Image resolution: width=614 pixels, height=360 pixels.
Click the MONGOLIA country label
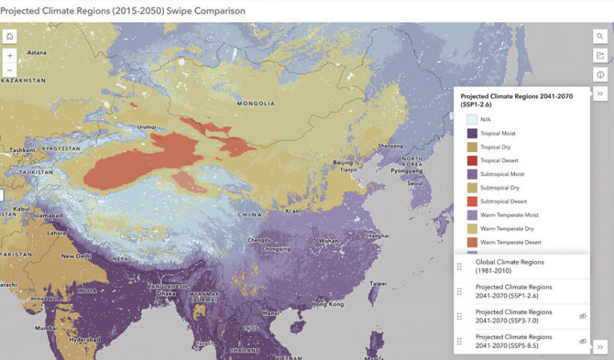[x=256, y=103]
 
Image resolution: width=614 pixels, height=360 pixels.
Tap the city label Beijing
[x=342, y=162]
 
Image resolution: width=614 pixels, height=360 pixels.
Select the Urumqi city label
[x=146, y=126]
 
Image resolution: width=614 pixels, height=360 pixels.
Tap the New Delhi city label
[x=78, y=256]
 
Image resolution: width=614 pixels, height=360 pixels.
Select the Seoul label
[x=414, y=183]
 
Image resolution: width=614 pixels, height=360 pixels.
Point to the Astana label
[x=38, y=52]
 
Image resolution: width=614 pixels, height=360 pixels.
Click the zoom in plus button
[x=10, y=55]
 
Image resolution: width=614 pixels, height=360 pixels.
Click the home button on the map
[x=10, y=37]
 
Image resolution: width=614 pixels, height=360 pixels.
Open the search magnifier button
[x=600, y=37]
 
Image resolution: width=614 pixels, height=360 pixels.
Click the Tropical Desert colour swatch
[x=472, y=160]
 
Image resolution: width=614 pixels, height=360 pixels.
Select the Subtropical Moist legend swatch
[x=472, y=174]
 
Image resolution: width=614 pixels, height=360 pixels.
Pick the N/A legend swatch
[x=472, y=119]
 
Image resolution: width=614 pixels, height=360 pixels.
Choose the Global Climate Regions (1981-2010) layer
[x=509, y=266]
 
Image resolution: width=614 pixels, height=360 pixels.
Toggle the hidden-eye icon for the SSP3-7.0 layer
[x=583, y=316]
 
